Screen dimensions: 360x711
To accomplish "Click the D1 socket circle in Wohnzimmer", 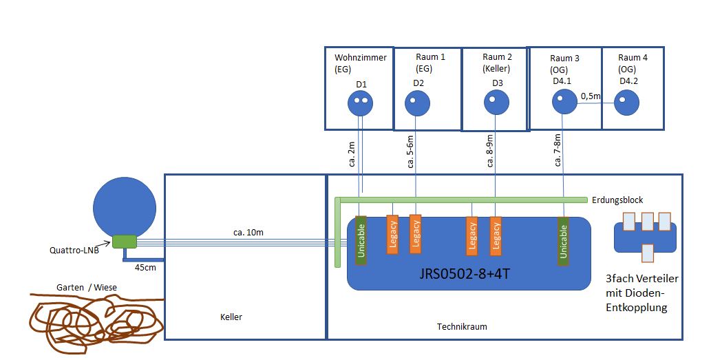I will [360, 105].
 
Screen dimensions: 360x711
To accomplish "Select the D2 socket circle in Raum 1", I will [415, 105].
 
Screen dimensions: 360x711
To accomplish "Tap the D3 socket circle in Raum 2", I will [495, 104].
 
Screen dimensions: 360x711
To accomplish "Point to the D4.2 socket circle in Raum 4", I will [626, 103].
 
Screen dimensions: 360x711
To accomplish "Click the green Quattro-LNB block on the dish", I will [125, 241].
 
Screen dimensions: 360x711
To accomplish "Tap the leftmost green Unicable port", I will [361, 240].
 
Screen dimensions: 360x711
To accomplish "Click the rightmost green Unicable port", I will [564, 240].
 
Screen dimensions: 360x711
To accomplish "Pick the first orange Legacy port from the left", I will [392, 235].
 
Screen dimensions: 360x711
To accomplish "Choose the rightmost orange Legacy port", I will [496, 235].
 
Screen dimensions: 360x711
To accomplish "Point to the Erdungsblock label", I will [617, 200].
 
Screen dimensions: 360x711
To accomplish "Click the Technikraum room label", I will [462, 327].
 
